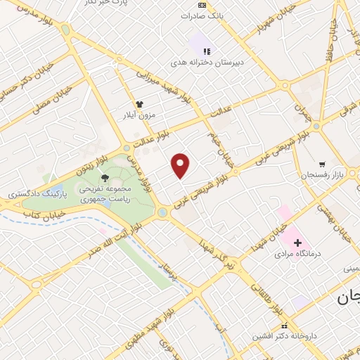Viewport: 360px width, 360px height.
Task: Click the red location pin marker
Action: coord(181,165)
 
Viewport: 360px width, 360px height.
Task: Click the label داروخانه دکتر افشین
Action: coord(284,337)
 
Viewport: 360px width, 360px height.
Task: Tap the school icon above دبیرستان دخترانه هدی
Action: coord(207,51)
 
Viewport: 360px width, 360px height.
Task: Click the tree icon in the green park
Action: coord(105,178)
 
